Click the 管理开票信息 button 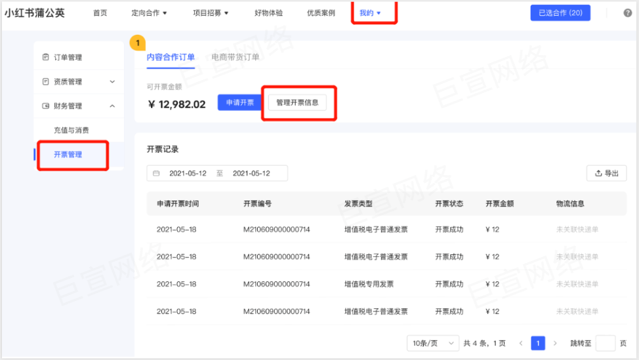297,103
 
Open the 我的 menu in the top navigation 370,12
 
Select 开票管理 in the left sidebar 68,154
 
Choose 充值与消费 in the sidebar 72,130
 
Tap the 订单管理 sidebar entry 68,57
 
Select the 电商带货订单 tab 236,57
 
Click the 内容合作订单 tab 171,57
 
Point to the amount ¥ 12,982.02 177,104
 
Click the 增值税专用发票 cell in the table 369,284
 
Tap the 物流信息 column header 570,204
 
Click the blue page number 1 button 538,343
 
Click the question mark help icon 627,12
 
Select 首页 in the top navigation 100,12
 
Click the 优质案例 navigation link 321,12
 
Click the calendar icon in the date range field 156,174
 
